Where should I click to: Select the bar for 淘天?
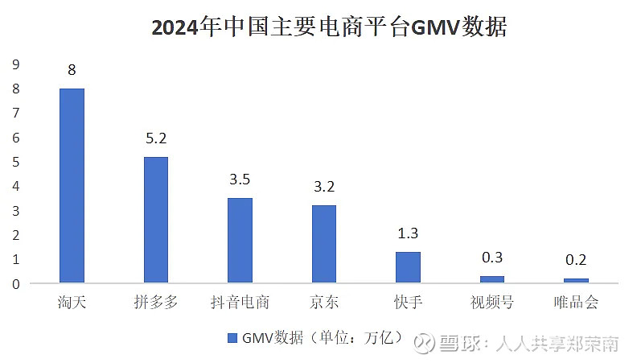pyautogui.click(x=72, y=186)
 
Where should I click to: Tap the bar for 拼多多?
pyautogui.click(x=156, y=220)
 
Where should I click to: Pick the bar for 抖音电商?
pyautogui.click(x=240, y=241)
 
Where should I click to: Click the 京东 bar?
pyautogui.click(x=324, y=244)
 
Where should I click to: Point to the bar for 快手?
pyautogui.click(x=408, y=267)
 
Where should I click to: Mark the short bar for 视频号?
pyautogui.click(x=492, y=279)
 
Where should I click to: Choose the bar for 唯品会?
pyautogui.click(x=576, y=281)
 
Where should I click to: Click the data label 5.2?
pyautogui.click(x=156, y=138)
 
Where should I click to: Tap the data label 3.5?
pyautogui.click(x=240, y=179)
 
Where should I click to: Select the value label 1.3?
pyautogui.click(x=408, y=233)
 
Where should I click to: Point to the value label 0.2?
pyautogui.click(x=576, y=260)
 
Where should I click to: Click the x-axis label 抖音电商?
pyautogui.click(x=240, y=303)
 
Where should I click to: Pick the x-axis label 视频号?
pyautogui.click(x=492, y=303)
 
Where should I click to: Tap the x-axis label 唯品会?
pyautogui.click(x=576, y=303)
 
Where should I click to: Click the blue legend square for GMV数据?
pyautogui.click(x=232, y=338)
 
